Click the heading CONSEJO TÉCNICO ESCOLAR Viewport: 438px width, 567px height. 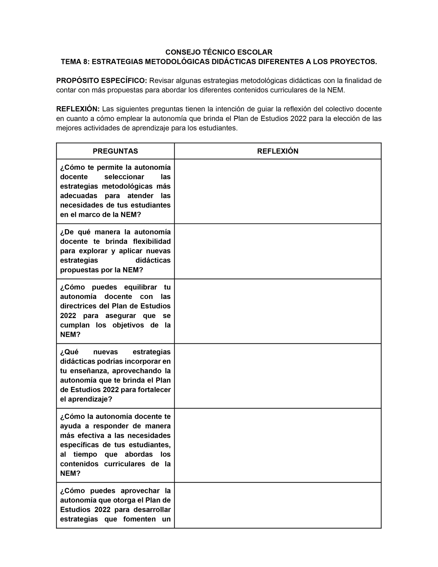[219, 52]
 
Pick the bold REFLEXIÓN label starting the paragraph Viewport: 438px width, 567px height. [78, 109]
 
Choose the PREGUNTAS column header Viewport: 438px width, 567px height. [115, 151]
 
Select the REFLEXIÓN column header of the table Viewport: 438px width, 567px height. [278, 151]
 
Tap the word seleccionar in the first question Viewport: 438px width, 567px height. [124, 177]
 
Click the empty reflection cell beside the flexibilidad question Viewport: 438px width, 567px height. [278, 251]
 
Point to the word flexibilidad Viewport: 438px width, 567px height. [152, 242]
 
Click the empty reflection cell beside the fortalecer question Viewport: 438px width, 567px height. [278, 376]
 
